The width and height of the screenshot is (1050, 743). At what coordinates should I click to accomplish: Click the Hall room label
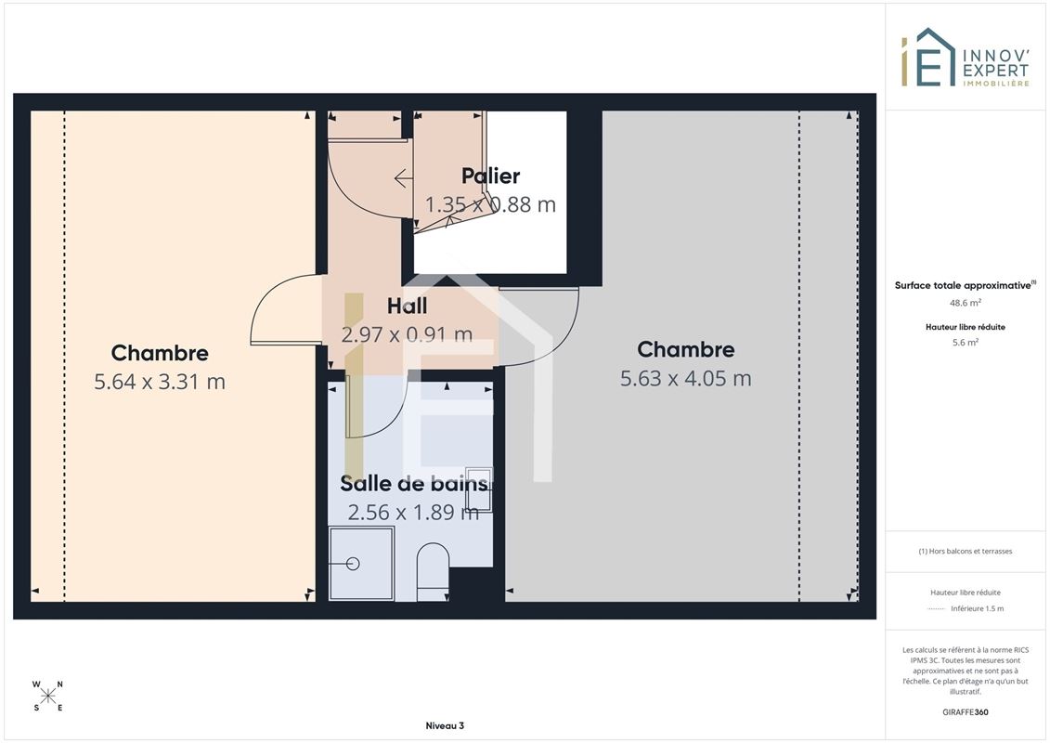coord(408,306)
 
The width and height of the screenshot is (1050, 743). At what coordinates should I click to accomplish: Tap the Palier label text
coord(491,176)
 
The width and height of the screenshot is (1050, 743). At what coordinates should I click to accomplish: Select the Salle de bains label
coord(414,483)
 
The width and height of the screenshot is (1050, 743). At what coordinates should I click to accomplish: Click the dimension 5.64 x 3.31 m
coord(160,382)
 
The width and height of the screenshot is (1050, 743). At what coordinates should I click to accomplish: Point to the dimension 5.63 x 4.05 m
coord(686,379)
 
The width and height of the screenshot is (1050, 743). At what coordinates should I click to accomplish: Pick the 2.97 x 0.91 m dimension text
coord(408,334)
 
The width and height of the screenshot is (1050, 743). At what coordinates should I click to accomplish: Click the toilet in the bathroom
coord(433,571)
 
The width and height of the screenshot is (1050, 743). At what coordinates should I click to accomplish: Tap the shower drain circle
coord(353,564)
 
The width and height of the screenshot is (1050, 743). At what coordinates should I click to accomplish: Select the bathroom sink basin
coord(479,489)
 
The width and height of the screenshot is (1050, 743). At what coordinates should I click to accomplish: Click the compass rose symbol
coord(48,697)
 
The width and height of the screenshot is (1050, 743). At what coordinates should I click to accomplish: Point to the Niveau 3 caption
coord(445,725)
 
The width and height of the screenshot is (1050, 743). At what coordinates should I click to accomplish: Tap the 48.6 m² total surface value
coord(965,303)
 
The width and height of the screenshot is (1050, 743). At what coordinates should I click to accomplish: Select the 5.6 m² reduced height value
coord(965,343)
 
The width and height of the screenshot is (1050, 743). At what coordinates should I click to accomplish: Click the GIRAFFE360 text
coord(965,712)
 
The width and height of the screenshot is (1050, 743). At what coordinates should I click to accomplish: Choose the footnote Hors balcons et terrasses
coord(965,552)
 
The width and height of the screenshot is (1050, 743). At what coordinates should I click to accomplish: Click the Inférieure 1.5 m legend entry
coord(977,608)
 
